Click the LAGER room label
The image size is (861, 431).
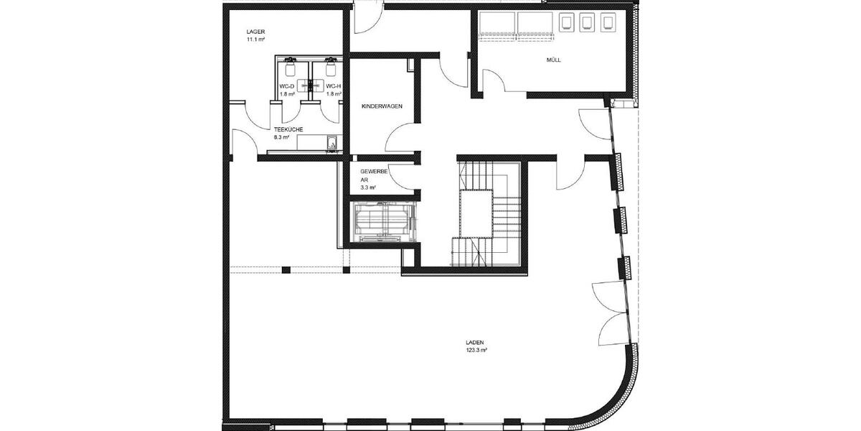[x=255, y=32]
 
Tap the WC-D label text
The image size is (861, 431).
[x=286, y=86]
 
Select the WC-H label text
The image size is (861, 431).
[x=333, y=86]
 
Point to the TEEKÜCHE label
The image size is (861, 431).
[x=288, y=129]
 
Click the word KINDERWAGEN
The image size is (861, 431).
[x=382, y=106]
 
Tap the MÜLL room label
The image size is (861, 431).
[x=552, y=60]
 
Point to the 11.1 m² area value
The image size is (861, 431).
[x=255, y=40]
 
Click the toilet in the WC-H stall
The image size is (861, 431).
[x=331, y=68]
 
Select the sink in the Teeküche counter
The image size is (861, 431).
[x=332, y=145]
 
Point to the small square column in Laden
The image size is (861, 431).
[x=286, y=269]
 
